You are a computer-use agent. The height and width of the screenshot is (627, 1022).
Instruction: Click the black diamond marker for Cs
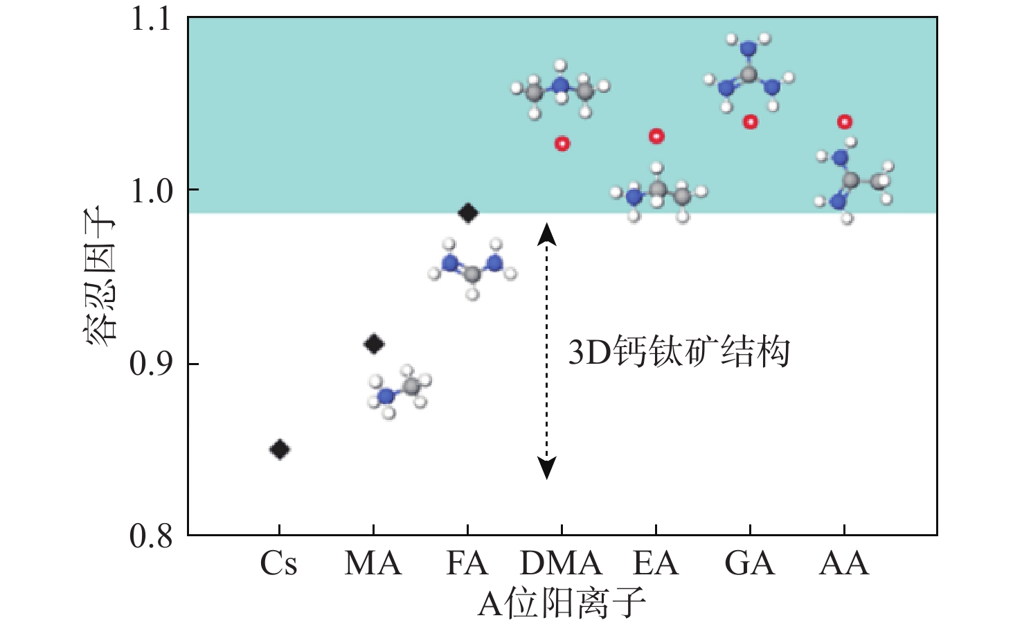pyautogui.click(x=279, y=450)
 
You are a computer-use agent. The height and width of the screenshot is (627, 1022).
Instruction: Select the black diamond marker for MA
pyautogui.click(x=374, y=344)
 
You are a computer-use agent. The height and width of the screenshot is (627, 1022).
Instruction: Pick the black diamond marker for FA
pyautogui.click(x=468, y=213)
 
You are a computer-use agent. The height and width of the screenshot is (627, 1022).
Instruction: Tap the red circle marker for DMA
pyautogui.click(x=562, y=144)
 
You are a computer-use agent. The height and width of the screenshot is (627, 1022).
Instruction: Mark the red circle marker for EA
pyautogui.click(x=656, y=136)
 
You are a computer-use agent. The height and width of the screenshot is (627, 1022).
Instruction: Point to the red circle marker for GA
pyautogui.click(x=751, y=122)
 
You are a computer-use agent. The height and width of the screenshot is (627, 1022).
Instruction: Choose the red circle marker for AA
pyautogui.click(x=845, y=122)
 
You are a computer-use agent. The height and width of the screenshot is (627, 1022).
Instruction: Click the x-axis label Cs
pyautogui.click(x=279, y=563)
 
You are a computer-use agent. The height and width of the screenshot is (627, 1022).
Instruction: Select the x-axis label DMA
pyautogui.click(x=561, y=563)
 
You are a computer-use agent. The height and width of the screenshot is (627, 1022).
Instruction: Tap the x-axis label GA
pyautogui.click(x=750, y=563)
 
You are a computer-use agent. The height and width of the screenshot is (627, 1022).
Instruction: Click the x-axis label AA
pyautogui.click(x=844, y=563)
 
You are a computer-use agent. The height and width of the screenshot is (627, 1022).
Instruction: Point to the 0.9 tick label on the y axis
pyautogui.click(x=151, y=364)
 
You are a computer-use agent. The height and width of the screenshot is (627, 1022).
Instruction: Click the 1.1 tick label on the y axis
pyautogui.click(x=151, y=19)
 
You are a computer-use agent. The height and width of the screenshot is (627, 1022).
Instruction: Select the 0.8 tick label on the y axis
pyautogui.click(x=151, y=536)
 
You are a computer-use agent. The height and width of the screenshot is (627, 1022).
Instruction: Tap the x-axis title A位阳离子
pyautogui.click(x=562, y=603)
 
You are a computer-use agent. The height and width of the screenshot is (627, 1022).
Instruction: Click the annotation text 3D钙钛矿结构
pyautogui.click(x=679, y=352)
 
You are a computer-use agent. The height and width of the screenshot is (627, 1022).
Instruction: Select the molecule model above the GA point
pyautogui.click(x=749, y=73)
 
